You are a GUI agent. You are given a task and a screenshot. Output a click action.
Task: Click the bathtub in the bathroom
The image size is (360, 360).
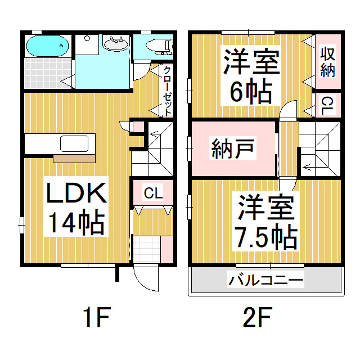pos(47,46)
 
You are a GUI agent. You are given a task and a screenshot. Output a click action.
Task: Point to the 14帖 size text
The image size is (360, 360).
pos(76,223)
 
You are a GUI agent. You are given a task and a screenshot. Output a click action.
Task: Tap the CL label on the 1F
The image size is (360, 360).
pos(153,194)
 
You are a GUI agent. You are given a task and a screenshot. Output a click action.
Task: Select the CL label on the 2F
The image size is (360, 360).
pos(327,106)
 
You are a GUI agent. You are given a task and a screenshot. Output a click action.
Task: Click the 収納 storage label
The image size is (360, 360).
pos(327,61)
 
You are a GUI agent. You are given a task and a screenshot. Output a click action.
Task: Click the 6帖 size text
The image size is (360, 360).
pos(251,89)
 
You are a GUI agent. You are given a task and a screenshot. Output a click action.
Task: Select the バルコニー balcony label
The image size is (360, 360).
pos(265,280)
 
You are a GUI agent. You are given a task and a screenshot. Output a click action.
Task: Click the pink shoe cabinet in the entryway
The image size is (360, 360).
pos(166,248)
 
